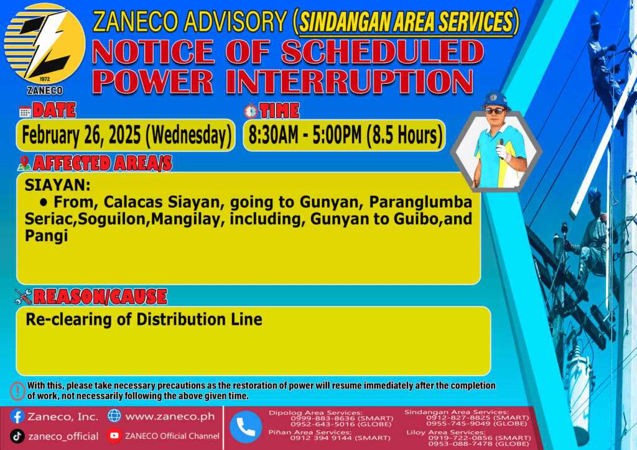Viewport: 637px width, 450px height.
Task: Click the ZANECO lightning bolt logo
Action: [45, 45]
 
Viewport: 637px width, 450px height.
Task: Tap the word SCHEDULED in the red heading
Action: [383, 52]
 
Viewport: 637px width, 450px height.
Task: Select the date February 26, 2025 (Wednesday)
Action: [126, 135]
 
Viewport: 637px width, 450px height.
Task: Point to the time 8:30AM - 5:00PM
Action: [304, 135]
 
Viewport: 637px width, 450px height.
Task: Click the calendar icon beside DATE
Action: [25, 112]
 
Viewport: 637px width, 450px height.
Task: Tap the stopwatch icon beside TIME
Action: [251, 111]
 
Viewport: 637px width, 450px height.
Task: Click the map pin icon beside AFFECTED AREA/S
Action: [24, 163]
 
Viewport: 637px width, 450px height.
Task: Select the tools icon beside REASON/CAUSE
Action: [23, 296]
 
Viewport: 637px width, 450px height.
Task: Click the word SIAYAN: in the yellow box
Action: [58, 185]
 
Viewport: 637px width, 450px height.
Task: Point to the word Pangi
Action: [46, 236]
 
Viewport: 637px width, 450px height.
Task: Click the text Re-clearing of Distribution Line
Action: [144, 319]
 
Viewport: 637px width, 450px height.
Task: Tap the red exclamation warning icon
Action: [17, 391]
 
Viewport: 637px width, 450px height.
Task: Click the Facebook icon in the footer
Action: [17, 416]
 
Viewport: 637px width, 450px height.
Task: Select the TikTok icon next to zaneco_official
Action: [17, 436]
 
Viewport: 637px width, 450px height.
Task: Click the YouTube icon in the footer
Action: [114, 435]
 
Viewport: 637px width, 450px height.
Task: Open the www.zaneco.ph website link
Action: [170, 416]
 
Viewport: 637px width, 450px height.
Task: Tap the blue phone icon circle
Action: [246, 427]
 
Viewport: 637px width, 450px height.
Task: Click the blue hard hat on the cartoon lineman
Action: [495, 100]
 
